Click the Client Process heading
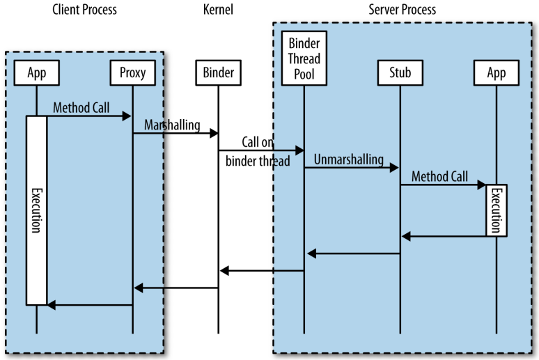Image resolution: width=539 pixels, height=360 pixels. point(84,10)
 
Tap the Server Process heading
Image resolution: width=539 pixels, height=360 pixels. point(402,10)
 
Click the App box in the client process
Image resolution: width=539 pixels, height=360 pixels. point(36,72)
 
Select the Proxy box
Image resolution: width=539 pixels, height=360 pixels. point(132,72)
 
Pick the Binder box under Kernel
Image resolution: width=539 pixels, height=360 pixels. point(219,72)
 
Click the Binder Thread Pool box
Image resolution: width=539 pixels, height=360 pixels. point(304,58)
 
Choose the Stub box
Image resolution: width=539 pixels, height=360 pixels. point(400,72)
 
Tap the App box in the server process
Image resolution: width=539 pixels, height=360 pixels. point(497,72)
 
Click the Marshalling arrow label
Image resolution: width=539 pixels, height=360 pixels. point(172,125)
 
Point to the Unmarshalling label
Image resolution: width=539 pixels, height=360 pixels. point(348,159)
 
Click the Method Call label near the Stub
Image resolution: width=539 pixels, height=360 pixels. point(439,177)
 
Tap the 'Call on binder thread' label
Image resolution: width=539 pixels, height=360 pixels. point(258,152)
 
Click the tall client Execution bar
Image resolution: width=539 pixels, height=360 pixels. point(36,209)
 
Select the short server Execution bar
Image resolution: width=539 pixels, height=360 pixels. point(497,209)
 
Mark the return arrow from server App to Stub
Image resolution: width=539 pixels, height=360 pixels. point(448,237)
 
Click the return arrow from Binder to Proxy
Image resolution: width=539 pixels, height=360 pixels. point(175,288)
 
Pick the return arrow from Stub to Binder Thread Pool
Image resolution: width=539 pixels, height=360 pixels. point(352,253)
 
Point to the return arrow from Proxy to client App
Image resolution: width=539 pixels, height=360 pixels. point(89,304)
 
